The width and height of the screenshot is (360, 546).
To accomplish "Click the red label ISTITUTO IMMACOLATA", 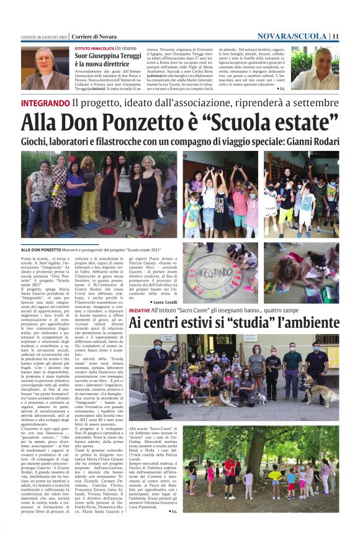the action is click(94, 48).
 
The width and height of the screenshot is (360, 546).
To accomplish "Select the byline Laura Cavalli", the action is click(163, 301).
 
